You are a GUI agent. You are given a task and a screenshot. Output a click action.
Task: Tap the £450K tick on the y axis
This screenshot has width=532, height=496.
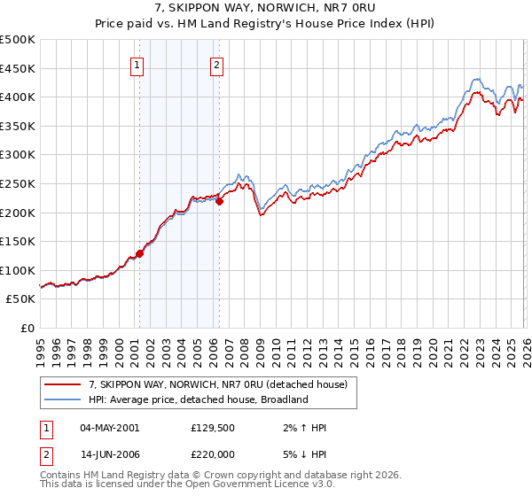tap(18, 68)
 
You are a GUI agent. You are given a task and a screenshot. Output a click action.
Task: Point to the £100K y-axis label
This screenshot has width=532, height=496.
tap(18, 270)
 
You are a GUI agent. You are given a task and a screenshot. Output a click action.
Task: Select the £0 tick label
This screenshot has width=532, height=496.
tap(28, 328)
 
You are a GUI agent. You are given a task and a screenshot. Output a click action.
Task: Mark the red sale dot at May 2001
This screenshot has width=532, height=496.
tap(139, 253)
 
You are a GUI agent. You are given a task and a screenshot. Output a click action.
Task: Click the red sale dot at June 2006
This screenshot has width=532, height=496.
tap(219, 201)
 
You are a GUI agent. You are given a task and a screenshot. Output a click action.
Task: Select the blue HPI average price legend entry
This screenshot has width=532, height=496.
tap(197, 399)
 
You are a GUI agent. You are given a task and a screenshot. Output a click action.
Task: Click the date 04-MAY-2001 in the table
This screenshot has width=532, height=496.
tap(109, 428)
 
